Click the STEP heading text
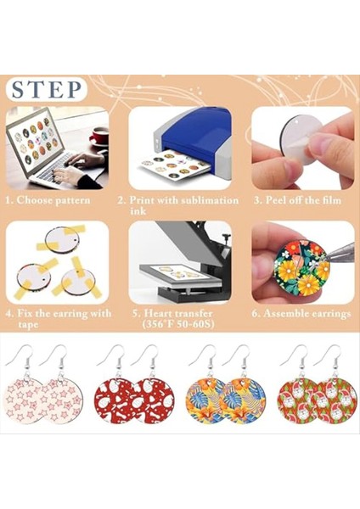point(48,89)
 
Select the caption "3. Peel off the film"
point(302,200)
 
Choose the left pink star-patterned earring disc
point(29,394)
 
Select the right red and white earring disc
point(153,400)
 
